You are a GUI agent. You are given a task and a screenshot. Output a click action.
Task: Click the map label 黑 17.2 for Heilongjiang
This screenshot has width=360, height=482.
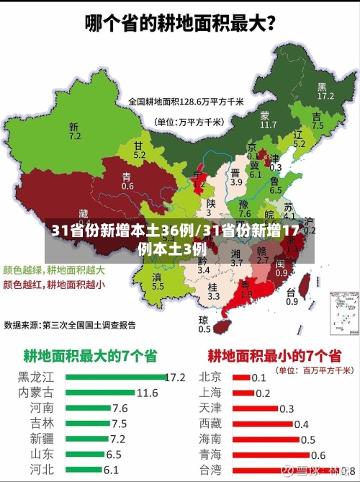[x=325, y=91]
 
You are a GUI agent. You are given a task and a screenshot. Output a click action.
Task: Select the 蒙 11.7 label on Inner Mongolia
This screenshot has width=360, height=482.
[x=268, y=120]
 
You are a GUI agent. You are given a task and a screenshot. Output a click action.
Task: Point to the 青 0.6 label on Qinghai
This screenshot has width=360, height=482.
[x=127, y=181]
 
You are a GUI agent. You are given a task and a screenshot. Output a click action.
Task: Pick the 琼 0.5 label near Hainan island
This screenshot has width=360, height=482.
[x=204, y=324]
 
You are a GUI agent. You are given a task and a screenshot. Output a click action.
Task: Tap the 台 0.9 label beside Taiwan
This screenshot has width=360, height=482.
[x=292, y=297]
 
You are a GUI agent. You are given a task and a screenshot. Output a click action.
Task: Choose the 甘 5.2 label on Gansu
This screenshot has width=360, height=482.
[x=139, y=150]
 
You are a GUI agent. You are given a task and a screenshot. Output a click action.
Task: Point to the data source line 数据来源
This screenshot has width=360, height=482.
[x=70, y=325]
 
